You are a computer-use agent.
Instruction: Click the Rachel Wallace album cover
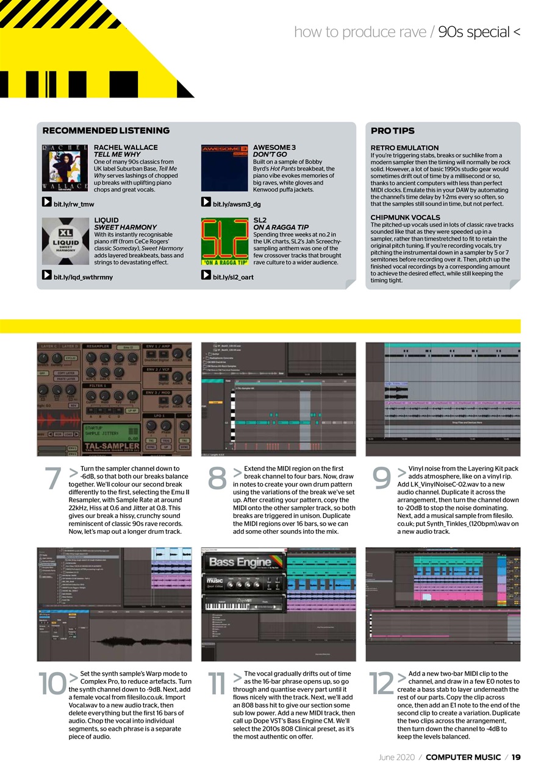(x=65, y=168)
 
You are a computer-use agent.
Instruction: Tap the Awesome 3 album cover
(x=224, y=168)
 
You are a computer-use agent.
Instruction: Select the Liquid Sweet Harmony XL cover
(x=65, y=241)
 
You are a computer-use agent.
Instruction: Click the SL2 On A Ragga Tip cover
(x=224, y=241)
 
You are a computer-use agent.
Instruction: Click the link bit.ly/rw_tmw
(x=74, y=204)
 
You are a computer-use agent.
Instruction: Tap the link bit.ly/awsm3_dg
(x=237, y=204)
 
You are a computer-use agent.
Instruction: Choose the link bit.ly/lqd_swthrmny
(x=83, y=277)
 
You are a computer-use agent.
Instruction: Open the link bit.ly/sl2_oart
(x=233, y=277)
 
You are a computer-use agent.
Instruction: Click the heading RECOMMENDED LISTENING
(x=106, y=130)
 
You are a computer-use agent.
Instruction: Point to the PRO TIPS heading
(x=392, y=130)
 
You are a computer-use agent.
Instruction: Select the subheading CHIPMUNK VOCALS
(x=405, y=217)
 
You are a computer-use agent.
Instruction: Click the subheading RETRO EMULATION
(x=404, y=147)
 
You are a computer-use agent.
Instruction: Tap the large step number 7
(x=52, y=479)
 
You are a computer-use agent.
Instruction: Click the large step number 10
(x=52, y=684)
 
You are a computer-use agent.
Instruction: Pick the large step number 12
(x=381, y=684)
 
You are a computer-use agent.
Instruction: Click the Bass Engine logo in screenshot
(x=241, y=562)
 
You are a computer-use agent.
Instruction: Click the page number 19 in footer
(x=515, y=757)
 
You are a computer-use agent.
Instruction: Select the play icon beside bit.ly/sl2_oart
(x=206, y=275)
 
